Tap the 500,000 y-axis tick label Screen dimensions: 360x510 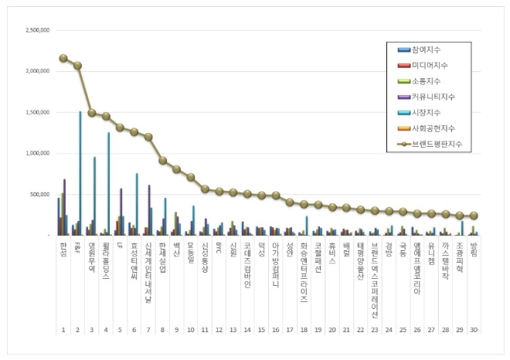[39, 194]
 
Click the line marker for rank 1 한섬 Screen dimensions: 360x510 [63, 58]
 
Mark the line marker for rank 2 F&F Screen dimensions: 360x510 [77, 66]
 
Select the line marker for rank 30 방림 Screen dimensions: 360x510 [473, 216]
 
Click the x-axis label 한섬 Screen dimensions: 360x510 [63, 249]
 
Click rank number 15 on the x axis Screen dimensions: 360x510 [261, 329]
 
